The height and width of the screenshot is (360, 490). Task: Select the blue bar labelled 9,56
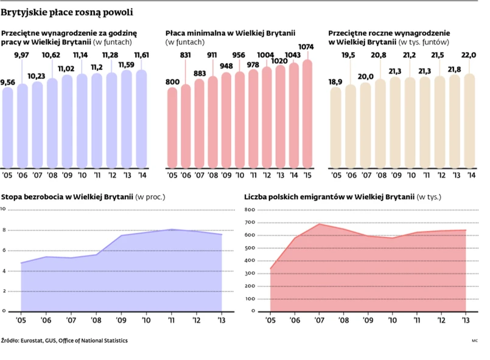8,128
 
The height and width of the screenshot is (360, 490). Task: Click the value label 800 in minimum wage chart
172,81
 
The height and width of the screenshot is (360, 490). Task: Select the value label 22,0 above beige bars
469,55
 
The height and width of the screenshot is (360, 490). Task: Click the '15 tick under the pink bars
307,175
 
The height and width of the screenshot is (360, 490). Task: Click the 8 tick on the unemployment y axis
4,230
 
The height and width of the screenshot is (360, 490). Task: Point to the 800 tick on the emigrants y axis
249,209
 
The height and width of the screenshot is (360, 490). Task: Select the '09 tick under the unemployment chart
121,320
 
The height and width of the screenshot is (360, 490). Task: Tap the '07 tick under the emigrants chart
320,320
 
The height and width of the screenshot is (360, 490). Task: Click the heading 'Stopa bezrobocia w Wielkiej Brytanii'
67,198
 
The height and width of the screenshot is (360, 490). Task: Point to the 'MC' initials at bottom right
474,341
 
